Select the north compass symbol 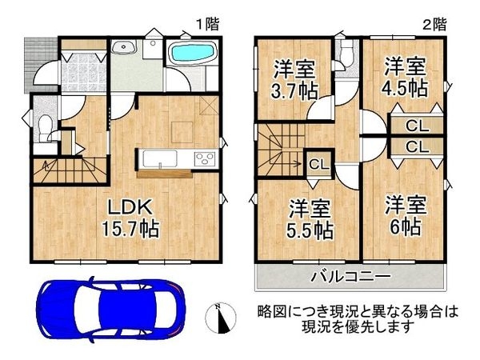221,318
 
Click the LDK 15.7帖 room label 130,218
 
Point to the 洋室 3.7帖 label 294,79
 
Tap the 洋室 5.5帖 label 310,219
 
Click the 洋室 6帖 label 406,216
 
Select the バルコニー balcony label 351,277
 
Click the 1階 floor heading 208,24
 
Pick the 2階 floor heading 434,24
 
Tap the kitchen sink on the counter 158,159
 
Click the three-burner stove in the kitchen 205,159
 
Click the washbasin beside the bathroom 124,47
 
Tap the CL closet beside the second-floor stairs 319,165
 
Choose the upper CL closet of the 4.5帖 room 417,126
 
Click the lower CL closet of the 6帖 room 417,147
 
